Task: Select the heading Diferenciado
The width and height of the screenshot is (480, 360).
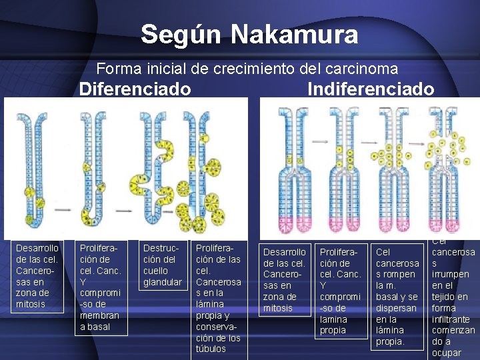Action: coord(135,89)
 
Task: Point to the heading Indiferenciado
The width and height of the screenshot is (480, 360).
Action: coord(371,89)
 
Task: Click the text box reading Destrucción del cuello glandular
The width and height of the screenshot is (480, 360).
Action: coord(163,265)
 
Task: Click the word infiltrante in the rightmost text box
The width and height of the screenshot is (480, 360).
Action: coord(454,319)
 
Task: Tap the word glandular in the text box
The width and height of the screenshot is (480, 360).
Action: coord(163,282)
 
